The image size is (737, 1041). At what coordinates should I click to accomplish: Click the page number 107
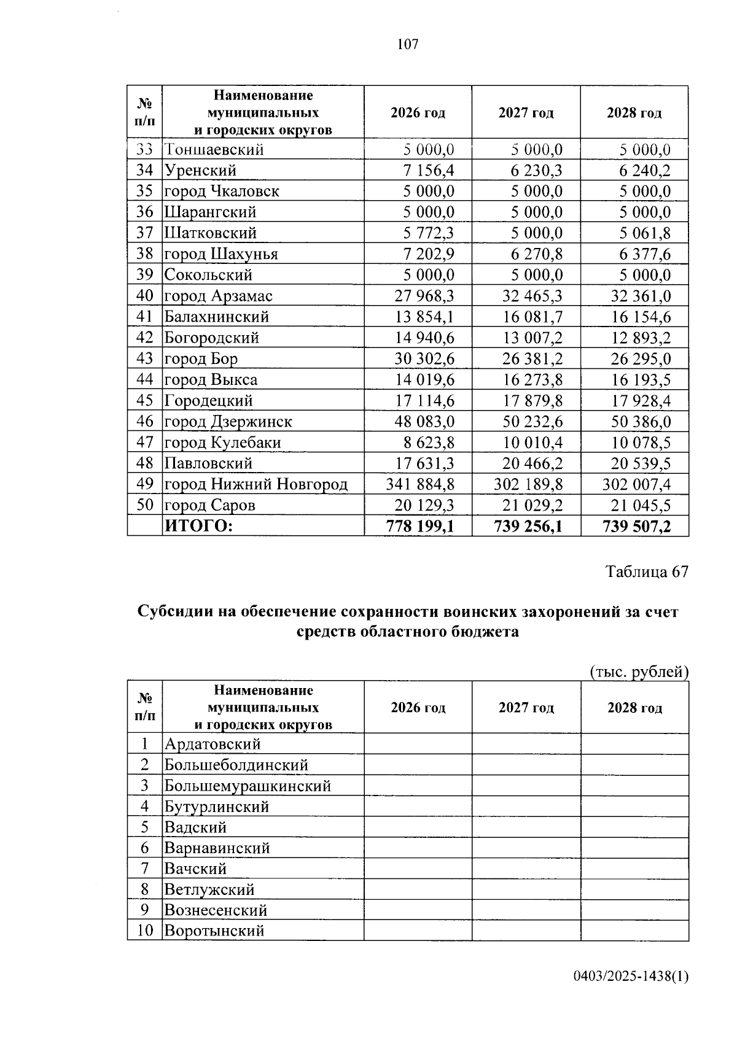(408, 44)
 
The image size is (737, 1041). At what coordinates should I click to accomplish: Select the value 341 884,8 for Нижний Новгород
(420, 484)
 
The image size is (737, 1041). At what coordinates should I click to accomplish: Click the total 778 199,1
(420, 526)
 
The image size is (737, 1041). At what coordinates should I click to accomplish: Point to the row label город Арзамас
(218, 296)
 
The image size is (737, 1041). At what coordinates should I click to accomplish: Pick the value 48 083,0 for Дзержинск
(424, 422)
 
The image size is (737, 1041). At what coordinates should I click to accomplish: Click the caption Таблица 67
(647, 571)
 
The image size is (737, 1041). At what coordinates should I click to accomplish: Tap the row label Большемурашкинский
(248, 786)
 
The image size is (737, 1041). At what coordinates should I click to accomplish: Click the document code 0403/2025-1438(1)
(631, 975)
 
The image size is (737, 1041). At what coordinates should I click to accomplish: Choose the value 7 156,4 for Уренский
(429, 170)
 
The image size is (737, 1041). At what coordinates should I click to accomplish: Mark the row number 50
(144, 505)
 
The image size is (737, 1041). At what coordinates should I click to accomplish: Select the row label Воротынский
(214, 931)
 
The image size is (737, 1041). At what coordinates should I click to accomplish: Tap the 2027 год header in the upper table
(526, 113)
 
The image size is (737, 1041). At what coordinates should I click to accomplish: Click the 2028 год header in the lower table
(634, 708)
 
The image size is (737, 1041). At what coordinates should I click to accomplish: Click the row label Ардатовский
(213, 744)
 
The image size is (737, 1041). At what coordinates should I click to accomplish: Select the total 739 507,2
(636, 526)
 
